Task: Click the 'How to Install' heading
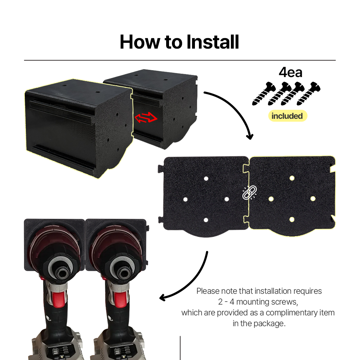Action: [x=179, y=42]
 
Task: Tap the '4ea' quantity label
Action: [x=291, y=72]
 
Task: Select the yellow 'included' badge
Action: [x=287, y=116]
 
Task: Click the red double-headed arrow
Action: [x=146, y=117]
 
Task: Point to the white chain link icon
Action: [x=249, y=192]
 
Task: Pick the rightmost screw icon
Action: [x=308, y=94]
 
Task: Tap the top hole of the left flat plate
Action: [x=206, y=179]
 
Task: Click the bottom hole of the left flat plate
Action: [x=206, y=220]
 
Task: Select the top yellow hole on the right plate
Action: [x=292, y=178]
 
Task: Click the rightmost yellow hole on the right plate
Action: [x=313, y=199]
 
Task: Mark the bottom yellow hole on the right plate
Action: [x=292, y=220]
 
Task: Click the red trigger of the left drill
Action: [x=58, y=299]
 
